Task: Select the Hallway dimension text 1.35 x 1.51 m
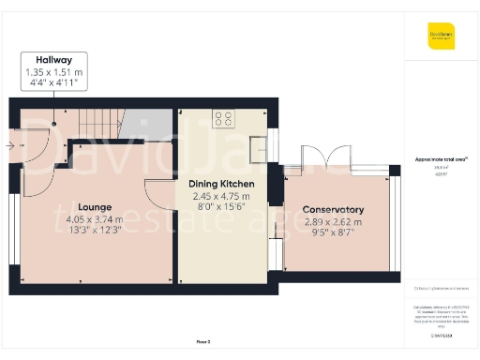tap(54, 71)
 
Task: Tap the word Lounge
tap(96, 206)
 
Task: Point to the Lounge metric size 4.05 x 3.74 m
tap(96, 219)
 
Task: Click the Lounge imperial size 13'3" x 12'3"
tap(96, 231)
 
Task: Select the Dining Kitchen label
tap(222, 184)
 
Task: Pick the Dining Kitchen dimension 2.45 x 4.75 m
tap(222, 197)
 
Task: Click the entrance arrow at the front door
tap(9, 145)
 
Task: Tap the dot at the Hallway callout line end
tap(54, 122)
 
